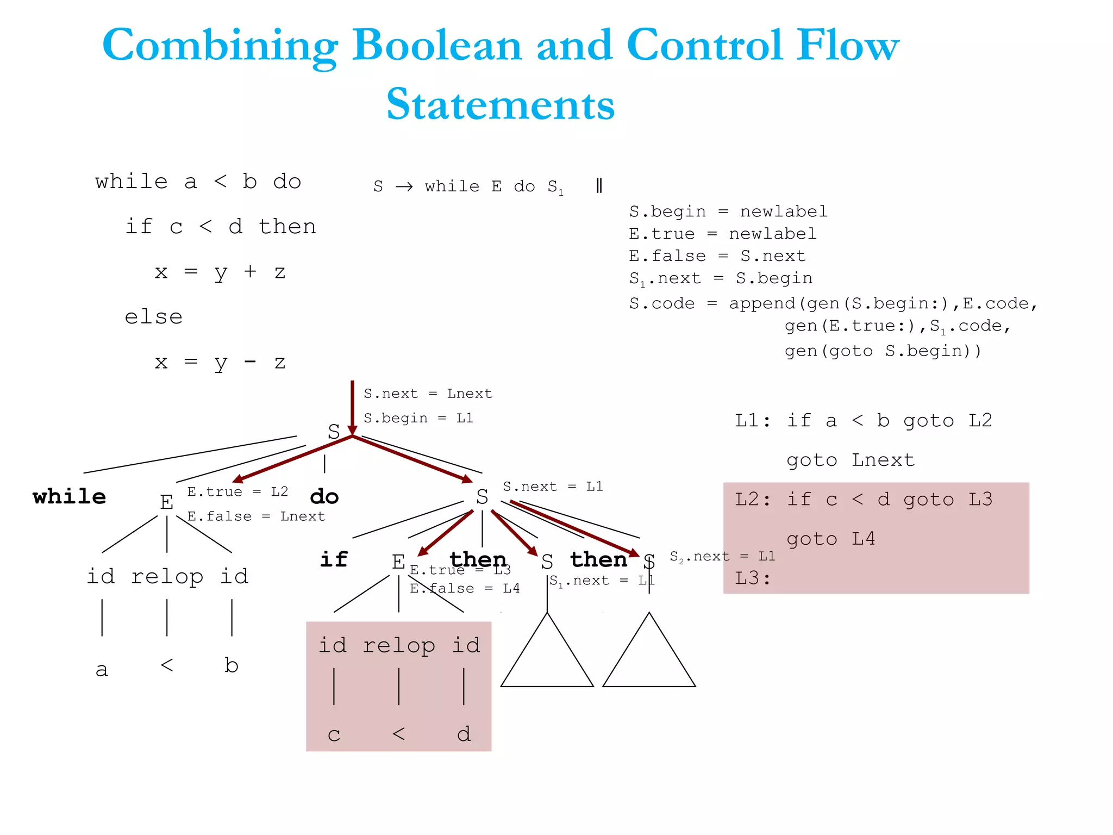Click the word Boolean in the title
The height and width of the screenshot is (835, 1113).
tap(437, 46)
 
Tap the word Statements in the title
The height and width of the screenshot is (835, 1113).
tap(500, 104)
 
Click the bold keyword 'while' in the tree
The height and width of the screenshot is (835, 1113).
tap(69, 496)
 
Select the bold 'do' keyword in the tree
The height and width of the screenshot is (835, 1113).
tap(324, 496)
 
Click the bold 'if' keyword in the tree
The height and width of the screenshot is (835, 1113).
tap(334, 559)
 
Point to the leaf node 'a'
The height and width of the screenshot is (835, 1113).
tap(102, 669)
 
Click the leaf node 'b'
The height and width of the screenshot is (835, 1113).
tap(232, 665)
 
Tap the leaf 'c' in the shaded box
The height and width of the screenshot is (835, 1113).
tap(334, 734)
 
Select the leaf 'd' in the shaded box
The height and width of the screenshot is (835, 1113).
tap(464, 734)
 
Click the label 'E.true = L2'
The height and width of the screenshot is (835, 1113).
tap(237, 491)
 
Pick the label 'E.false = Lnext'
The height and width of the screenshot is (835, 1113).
tap(256, 516)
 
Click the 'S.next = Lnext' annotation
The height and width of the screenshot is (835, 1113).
tap(428, 394)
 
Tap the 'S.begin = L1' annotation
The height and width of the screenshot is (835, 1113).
tap(418, 418)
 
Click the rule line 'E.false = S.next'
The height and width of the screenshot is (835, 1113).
tap(717, 256)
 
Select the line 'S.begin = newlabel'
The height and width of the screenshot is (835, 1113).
tap(728, 211)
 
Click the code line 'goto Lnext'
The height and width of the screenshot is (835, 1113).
tap(850, 460)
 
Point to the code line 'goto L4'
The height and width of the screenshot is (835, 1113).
tap(830, 539)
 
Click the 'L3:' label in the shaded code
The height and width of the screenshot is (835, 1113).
tap(753, 578)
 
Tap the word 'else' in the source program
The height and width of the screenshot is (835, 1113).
tap(154, 317)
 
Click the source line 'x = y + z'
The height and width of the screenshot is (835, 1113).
tap(220, 272)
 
